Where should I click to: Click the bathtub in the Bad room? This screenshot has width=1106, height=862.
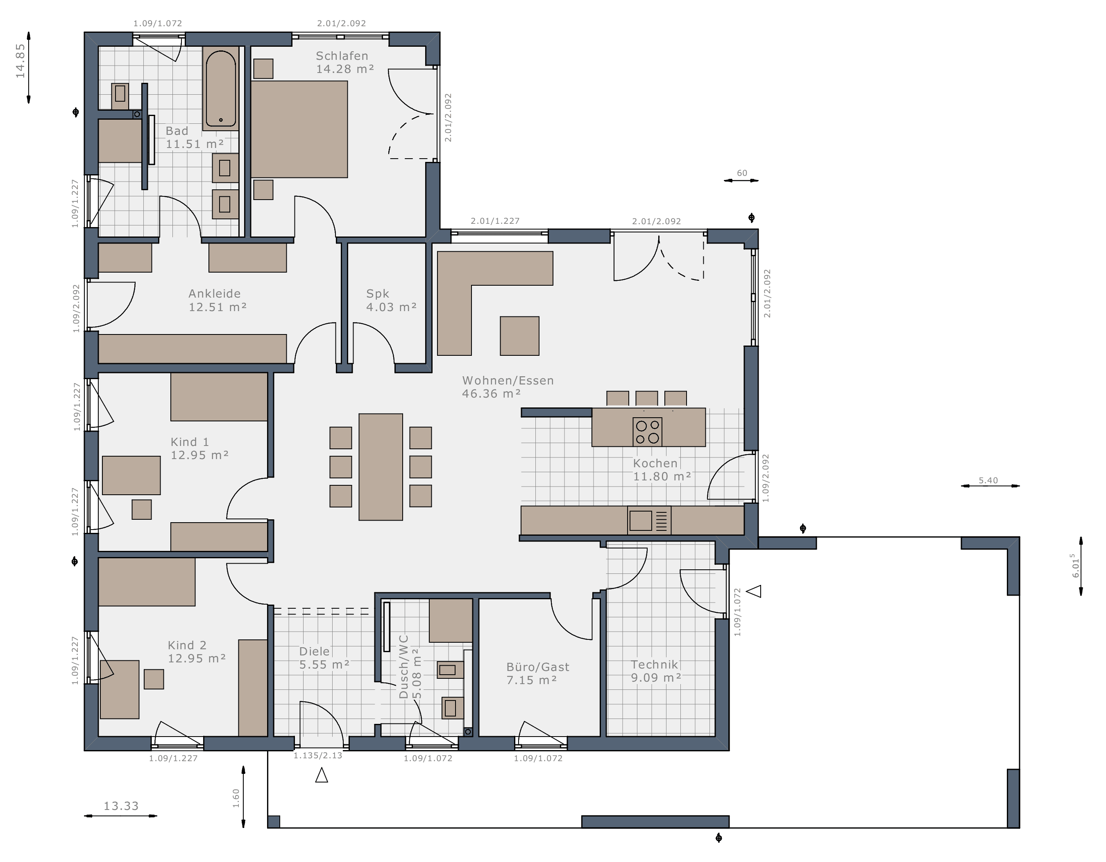pyautogui.click(x=221, y=89)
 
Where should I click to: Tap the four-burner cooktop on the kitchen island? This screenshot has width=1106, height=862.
pyautogui.click(x=648, y=432)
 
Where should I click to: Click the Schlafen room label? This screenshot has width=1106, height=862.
pyautogui.click(x=342, y=56)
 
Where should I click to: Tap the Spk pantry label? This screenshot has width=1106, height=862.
pyautogui.click(x=378, y=294)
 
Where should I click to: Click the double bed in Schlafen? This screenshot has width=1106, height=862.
pyautogui.click(x=299, y=129)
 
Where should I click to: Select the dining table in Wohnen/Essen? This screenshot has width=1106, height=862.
pyautogui.click(x=381, y=467)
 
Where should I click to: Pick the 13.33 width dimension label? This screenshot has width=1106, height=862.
pyautogui.click(x=121, y=806)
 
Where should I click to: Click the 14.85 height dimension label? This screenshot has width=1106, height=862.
pyautogui.click(x=20, y=61)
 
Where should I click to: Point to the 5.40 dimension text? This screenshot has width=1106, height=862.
pyautogui.click(x=988, y=480)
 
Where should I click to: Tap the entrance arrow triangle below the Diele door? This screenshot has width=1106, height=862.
pyautogui.click(x=322, y=775)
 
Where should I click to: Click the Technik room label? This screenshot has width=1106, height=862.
pyautogui.click(x=654, y=664)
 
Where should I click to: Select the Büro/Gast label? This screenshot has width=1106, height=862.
pyautogui.click(x=538, y=667)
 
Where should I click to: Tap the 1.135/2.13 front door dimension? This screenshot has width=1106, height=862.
pyautogui.click(x=318, y=755)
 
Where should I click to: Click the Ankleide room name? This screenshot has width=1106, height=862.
pyautogui.click(x=215, y=293)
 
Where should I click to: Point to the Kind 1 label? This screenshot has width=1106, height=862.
pyautogui.click(x=190, y=442)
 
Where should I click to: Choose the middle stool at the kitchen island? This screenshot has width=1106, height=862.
pyautogui.click(x=647, y=398)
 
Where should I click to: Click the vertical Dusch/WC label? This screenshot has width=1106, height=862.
pyautogui.click(x=403, y=667)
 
